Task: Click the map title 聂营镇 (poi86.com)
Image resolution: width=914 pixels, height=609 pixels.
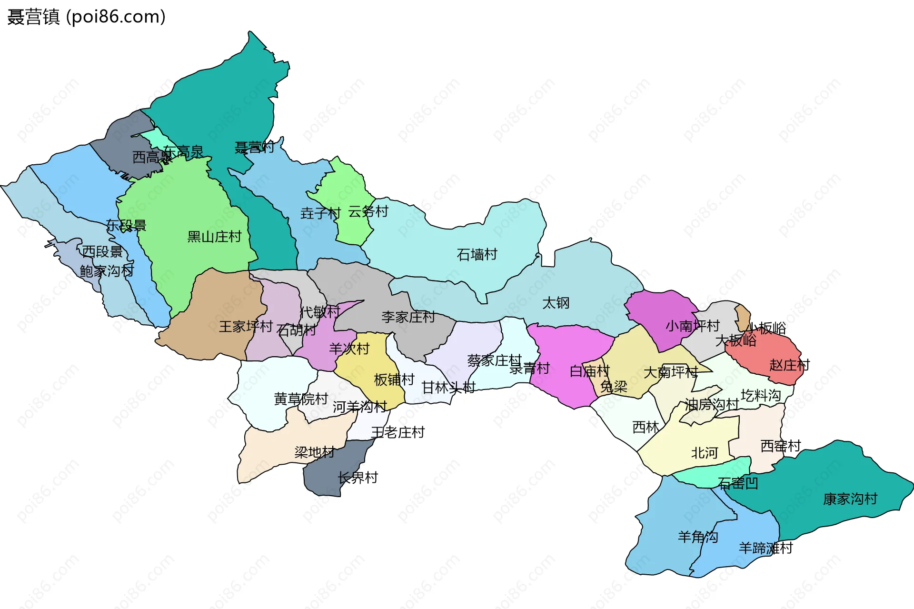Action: click(x=86, y=17)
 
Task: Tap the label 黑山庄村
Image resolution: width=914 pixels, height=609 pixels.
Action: click(x=214, y=237)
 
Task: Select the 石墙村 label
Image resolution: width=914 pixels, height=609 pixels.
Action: click(x=477, y=255)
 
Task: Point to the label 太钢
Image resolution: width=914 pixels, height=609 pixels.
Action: click(x=556, y=303)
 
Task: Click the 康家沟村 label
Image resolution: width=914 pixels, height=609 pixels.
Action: click(x=850, y=499)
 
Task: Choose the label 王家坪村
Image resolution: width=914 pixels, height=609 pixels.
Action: click(x=246, y=327)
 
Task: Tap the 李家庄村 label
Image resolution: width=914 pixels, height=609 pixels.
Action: click(x=408, y=317)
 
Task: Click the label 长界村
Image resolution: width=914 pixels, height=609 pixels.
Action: click(x=358, y=478)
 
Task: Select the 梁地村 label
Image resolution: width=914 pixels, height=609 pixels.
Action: click(x=315, y=452)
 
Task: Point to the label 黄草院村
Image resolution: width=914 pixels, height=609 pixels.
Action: click(x=301, y=399)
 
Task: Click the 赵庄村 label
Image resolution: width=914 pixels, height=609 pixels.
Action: click(x=789, y=365)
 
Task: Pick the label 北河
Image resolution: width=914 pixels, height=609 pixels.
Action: click(x=704, y=453)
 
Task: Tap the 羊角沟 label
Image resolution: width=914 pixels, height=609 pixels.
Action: click(x=697, y=537)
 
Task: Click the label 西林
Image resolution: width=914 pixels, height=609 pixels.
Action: click(x=646, y=428)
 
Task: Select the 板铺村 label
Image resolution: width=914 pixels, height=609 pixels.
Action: click(x=394, y=380)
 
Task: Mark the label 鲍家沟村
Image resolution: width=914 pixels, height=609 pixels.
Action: click(x=107, y=271)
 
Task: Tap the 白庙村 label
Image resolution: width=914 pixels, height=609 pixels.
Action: click(x=589, y=371)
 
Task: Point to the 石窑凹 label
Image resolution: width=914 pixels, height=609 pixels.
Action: click(x=738, y=484)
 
